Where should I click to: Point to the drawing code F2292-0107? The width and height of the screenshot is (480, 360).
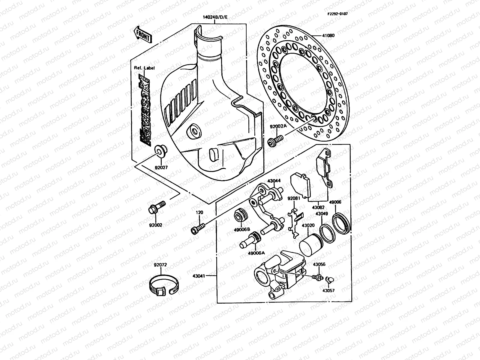[x=337, y=14]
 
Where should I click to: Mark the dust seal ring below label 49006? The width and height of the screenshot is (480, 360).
[x=342, y=223]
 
